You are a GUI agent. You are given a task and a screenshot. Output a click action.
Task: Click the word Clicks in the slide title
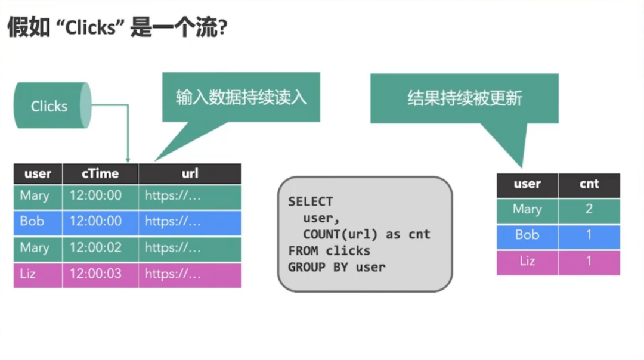coord(91,28)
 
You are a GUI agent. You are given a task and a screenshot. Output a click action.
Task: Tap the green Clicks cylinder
coord(52,105)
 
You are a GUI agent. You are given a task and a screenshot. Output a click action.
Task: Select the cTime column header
coord(100,173)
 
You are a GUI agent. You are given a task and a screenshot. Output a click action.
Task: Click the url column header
coord(190,173)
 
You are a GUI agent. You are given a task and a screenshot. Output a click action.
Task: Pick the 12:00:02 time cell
coord(95,247)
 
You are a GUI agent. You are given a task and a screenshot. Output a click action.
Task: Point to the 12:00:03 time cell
coord(95,274)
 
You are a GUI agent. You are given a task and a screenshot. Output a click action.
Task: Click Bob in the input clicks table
coord(32,221)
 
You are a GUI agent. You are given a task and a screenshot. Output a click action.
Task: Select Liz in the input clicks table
coord(27,274)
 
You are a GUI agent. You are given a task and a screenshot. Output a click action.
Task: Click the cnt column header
coord(589,184)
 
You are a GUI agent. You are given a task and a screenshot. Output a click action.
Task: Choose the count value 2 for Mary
coord(589,209)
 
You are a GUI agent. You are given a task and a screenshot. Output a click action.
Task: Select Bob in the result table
coord(527,235)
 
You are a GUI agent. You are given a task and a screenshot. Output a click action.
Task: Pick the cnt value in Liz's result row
coord(589,261)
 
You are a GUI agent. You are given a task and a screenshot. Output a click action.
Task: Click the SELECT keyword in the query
coord(311,201)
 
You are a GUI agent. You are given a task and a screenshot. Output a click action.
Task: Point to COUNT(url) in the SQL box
coord(340,234)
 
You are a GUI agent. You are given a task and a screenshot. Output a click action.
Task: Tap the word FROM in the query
coord(303,251)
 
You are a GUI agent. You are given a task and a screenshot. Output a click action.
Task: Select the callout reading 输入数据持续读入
coord(241,97)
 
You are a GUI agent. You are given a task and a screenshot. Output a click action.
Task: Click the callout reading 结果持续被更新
coord(465,98)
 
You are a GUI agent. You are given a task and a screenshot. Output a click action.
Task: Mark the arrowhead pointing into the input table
coord(128,160)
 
